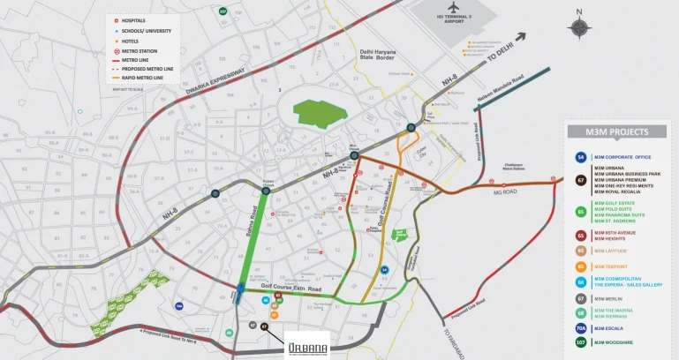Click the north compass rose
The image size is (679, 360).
(578, 26)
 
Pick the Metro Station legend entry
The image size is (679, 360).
(137, 51)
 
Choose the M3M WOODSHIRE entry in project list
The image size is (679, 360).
(615, 342)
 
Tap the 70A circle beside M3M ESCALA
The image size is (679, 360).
(581, 327)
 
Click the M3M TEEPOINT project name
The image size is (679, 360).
(611, 266)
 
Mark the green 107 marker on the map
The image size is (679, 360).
(223, 12)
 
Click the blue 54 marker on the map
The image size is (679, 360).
(384, 270)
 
